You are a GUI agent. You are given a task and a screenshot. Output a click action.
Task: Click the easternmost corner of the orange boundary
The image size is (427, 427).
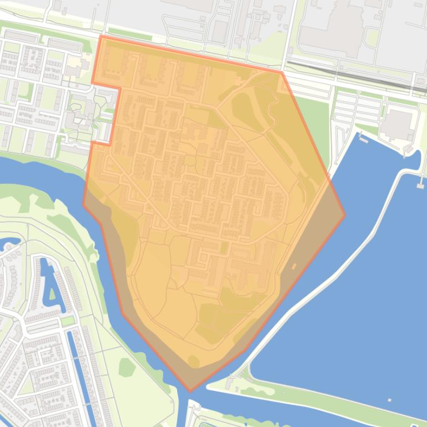tap(345, 215)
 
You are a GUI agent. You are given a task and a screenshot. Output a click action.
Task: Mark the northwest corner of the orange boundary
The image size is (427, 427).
tap(101, 36)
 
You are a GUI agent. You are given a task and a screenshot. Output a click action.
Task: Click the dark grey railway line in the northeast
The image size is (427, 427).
tap(355, 74)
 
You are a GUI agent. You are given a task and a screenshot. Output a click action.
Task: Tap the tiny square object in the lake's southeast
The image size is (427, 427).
tap(389, 400)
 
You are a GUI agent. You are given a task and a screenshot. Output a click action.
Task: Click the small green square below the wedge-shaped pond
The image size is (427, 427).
tap(67, 321)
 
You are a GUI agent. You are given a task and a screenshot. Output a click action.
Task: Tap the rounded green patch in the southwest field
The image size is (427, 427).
tap(127, 367)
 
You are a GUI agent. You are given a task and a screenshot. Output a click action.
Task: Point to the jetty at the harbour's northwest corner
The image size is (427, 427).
tap(363, 139)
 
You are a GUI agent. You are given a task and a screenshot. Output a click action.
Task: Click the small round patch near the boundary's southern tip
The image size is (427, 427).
tap(193, 362)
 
